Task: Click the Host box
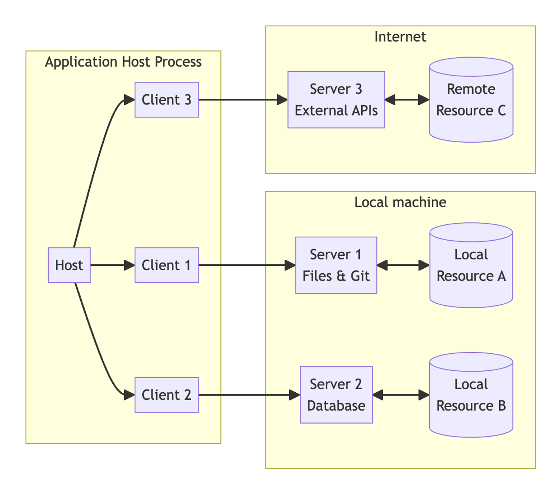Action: pos(69,265)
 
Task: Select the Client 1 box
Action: pos(167,265)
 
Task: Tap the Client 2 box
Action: pos(167,395)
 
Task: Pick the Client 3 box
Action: pos(167,100)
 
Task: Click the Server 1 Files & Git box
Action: pos(336,265)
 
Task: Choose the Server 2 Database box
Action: pos(336,395)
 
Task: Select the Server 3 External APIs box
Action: pos(336,100)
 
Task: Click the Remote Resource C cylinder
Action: pos(471,100)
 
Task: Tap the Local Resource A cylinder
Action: pos(471,265)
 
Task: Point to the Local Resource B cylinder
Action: pos(471,395)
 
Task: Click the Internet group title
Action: pos(400,37)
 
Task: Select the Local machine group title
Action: pos(400,202)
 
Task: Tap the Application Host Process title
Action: pos(123,62)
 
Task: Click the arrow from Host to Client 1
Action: pos(113,265)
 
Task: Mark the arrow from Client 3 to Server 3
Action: pos(243,100)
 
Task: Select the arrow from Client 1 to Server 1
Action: pos(247,265)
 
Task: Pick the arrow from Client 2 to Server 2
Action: pos(249,395)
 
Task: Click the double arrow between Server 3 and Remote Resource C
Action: pos(407,100)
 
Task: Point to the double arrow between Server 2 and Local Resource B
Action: pos(401,395)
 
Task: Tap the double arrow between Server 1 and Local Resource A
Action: pos(404,265)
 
